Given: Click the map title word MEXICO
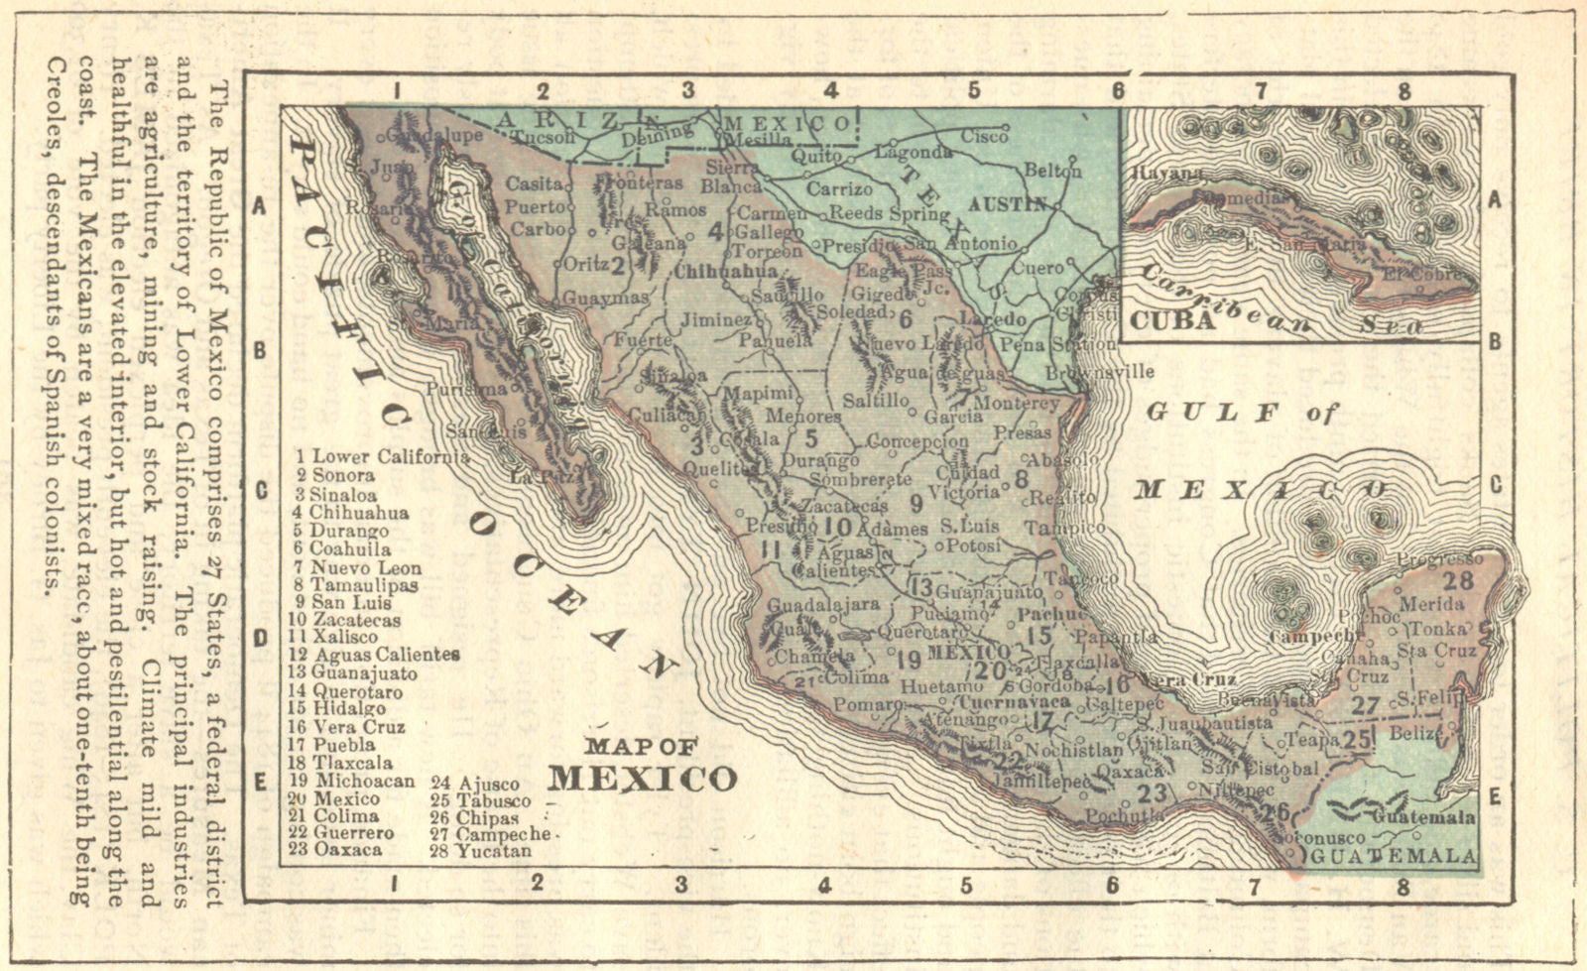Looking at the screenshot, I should point(644,778).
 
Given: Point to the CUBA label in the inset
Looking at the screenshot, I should point(1173,320).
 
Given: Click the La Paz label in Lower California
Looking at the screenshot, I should point(537,477).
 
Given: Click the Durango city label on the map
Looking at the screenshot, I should point(819,460).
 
